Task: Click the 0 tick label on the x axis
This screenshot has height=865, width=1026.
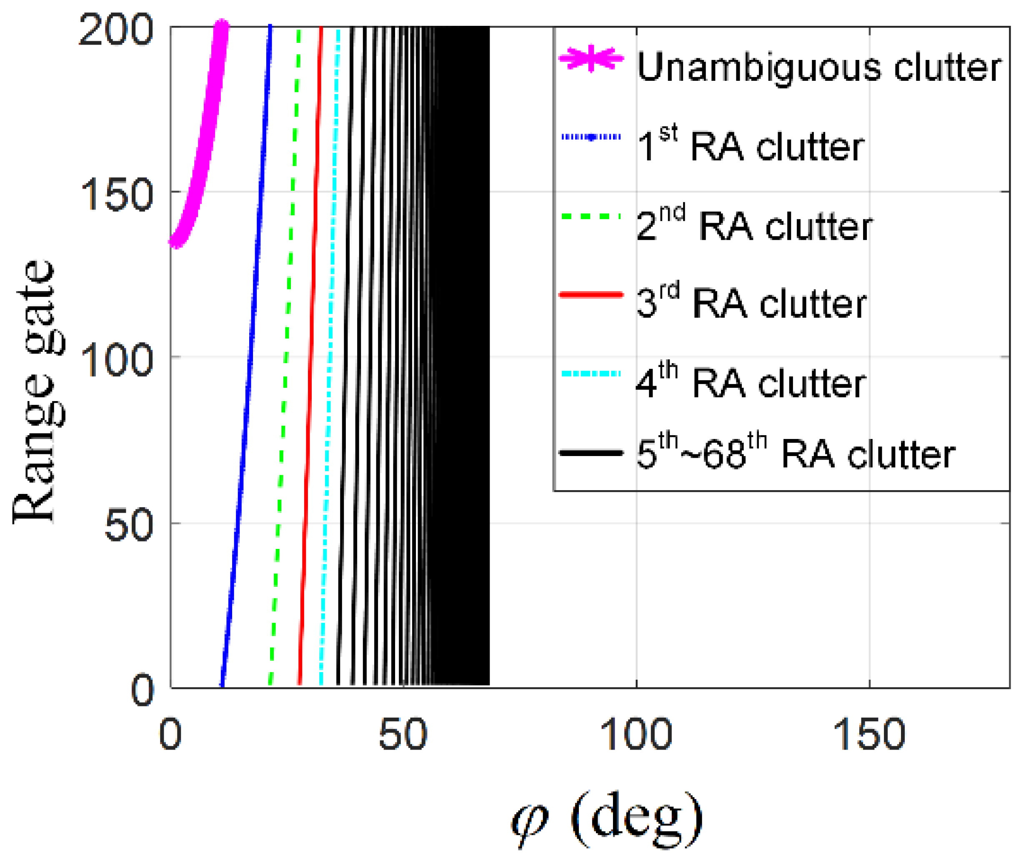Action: [x=170, y=735]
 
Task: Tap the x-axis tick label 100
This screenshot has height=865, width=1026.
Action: [x=636, y=735]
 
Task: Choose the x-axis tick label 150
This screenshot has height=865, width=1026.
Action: [x=869, y=735]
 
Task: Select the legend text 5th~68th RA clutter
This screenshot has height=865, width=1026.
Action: [x=795, y=454]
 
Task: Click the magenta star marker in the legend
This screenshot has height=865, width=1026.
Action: [x=591, y=59]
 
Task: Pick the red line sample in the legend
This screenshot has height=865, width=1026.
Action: [x=591, y=295]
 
